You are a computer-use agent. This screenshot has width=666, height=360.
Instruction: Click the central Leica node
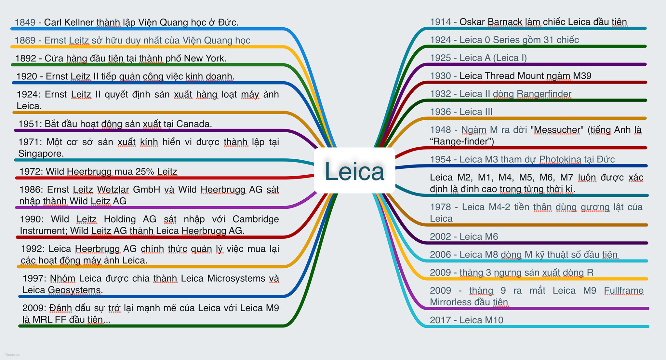[354, 171]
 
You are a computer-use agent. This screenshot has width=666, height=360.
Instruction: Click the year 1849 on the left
[25, 22]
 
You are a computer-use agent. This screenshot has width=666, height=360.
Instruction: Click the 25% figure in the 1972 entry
[145, 171]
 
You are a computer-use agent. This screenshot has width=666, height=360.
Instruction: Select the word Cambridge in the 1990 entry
[255, 219]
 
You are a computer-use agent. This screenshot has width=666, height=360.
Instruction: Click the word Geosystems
[74, 290]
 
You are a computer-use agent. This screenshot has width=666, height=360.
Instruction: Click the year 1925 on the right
[440, 58]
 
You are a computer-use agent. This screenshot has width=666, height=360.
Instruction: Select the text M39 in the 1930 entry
[582, 76]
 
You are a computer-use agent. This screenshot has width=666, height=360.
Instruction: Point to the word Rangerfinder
[544, 94]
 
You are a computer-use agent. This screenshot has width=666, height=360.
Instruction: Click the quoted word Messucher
[557, 130]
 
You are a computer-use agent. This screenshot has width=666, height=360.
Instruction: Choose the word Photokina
[560, 159]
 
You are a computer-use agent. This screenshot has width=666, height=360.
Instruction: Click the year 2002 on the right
[440, 237]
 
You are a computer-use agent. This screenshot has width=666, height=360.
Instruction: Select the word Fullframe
[624, 290]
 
